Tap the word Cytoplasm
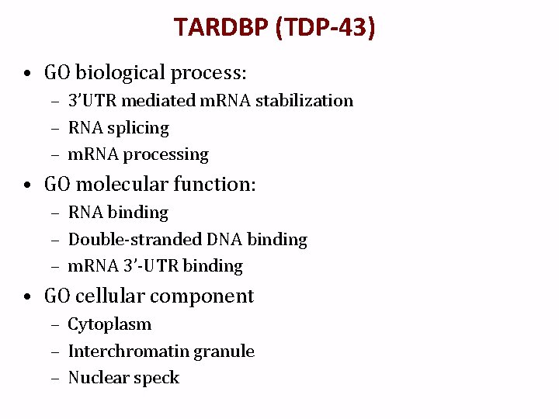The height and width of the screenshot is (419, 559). click(109, 324)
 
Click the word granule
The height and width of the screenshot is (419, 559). click(224, 351)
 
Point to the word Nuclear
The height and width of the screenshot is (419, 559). click(99, 378)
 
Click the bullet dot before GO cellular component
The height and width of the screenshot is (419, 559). click(27, 297)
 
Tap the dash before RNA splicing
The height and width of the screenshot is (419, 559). click(56, 128)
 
